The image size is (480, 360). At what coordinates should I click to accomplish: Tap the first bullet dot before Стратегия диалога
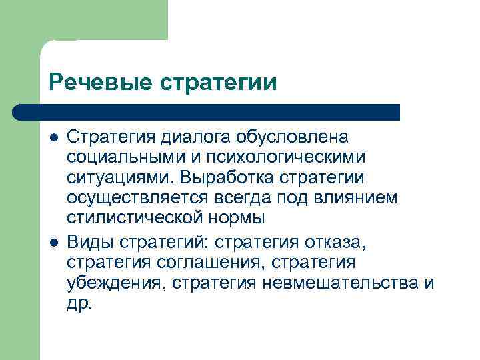click(54, 137)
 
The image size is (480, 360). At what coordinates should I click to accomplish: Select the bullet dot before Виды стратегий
click(54, 240)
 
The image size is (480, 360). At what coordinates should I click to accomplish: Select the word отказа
click(336, 240)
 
